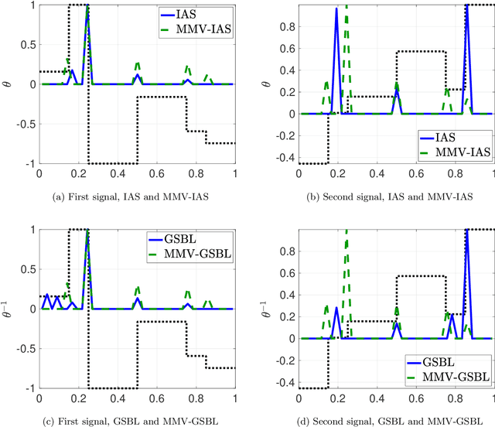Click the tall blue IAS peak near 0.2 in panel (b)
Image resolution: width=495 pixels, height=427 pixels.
coord(336,10)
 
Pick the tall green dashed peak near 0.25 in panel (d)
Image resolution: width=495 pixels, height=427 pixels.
coord(346,232)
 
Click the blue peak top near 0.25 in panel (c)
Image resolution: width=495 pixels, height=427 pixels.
coord(87,233)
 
